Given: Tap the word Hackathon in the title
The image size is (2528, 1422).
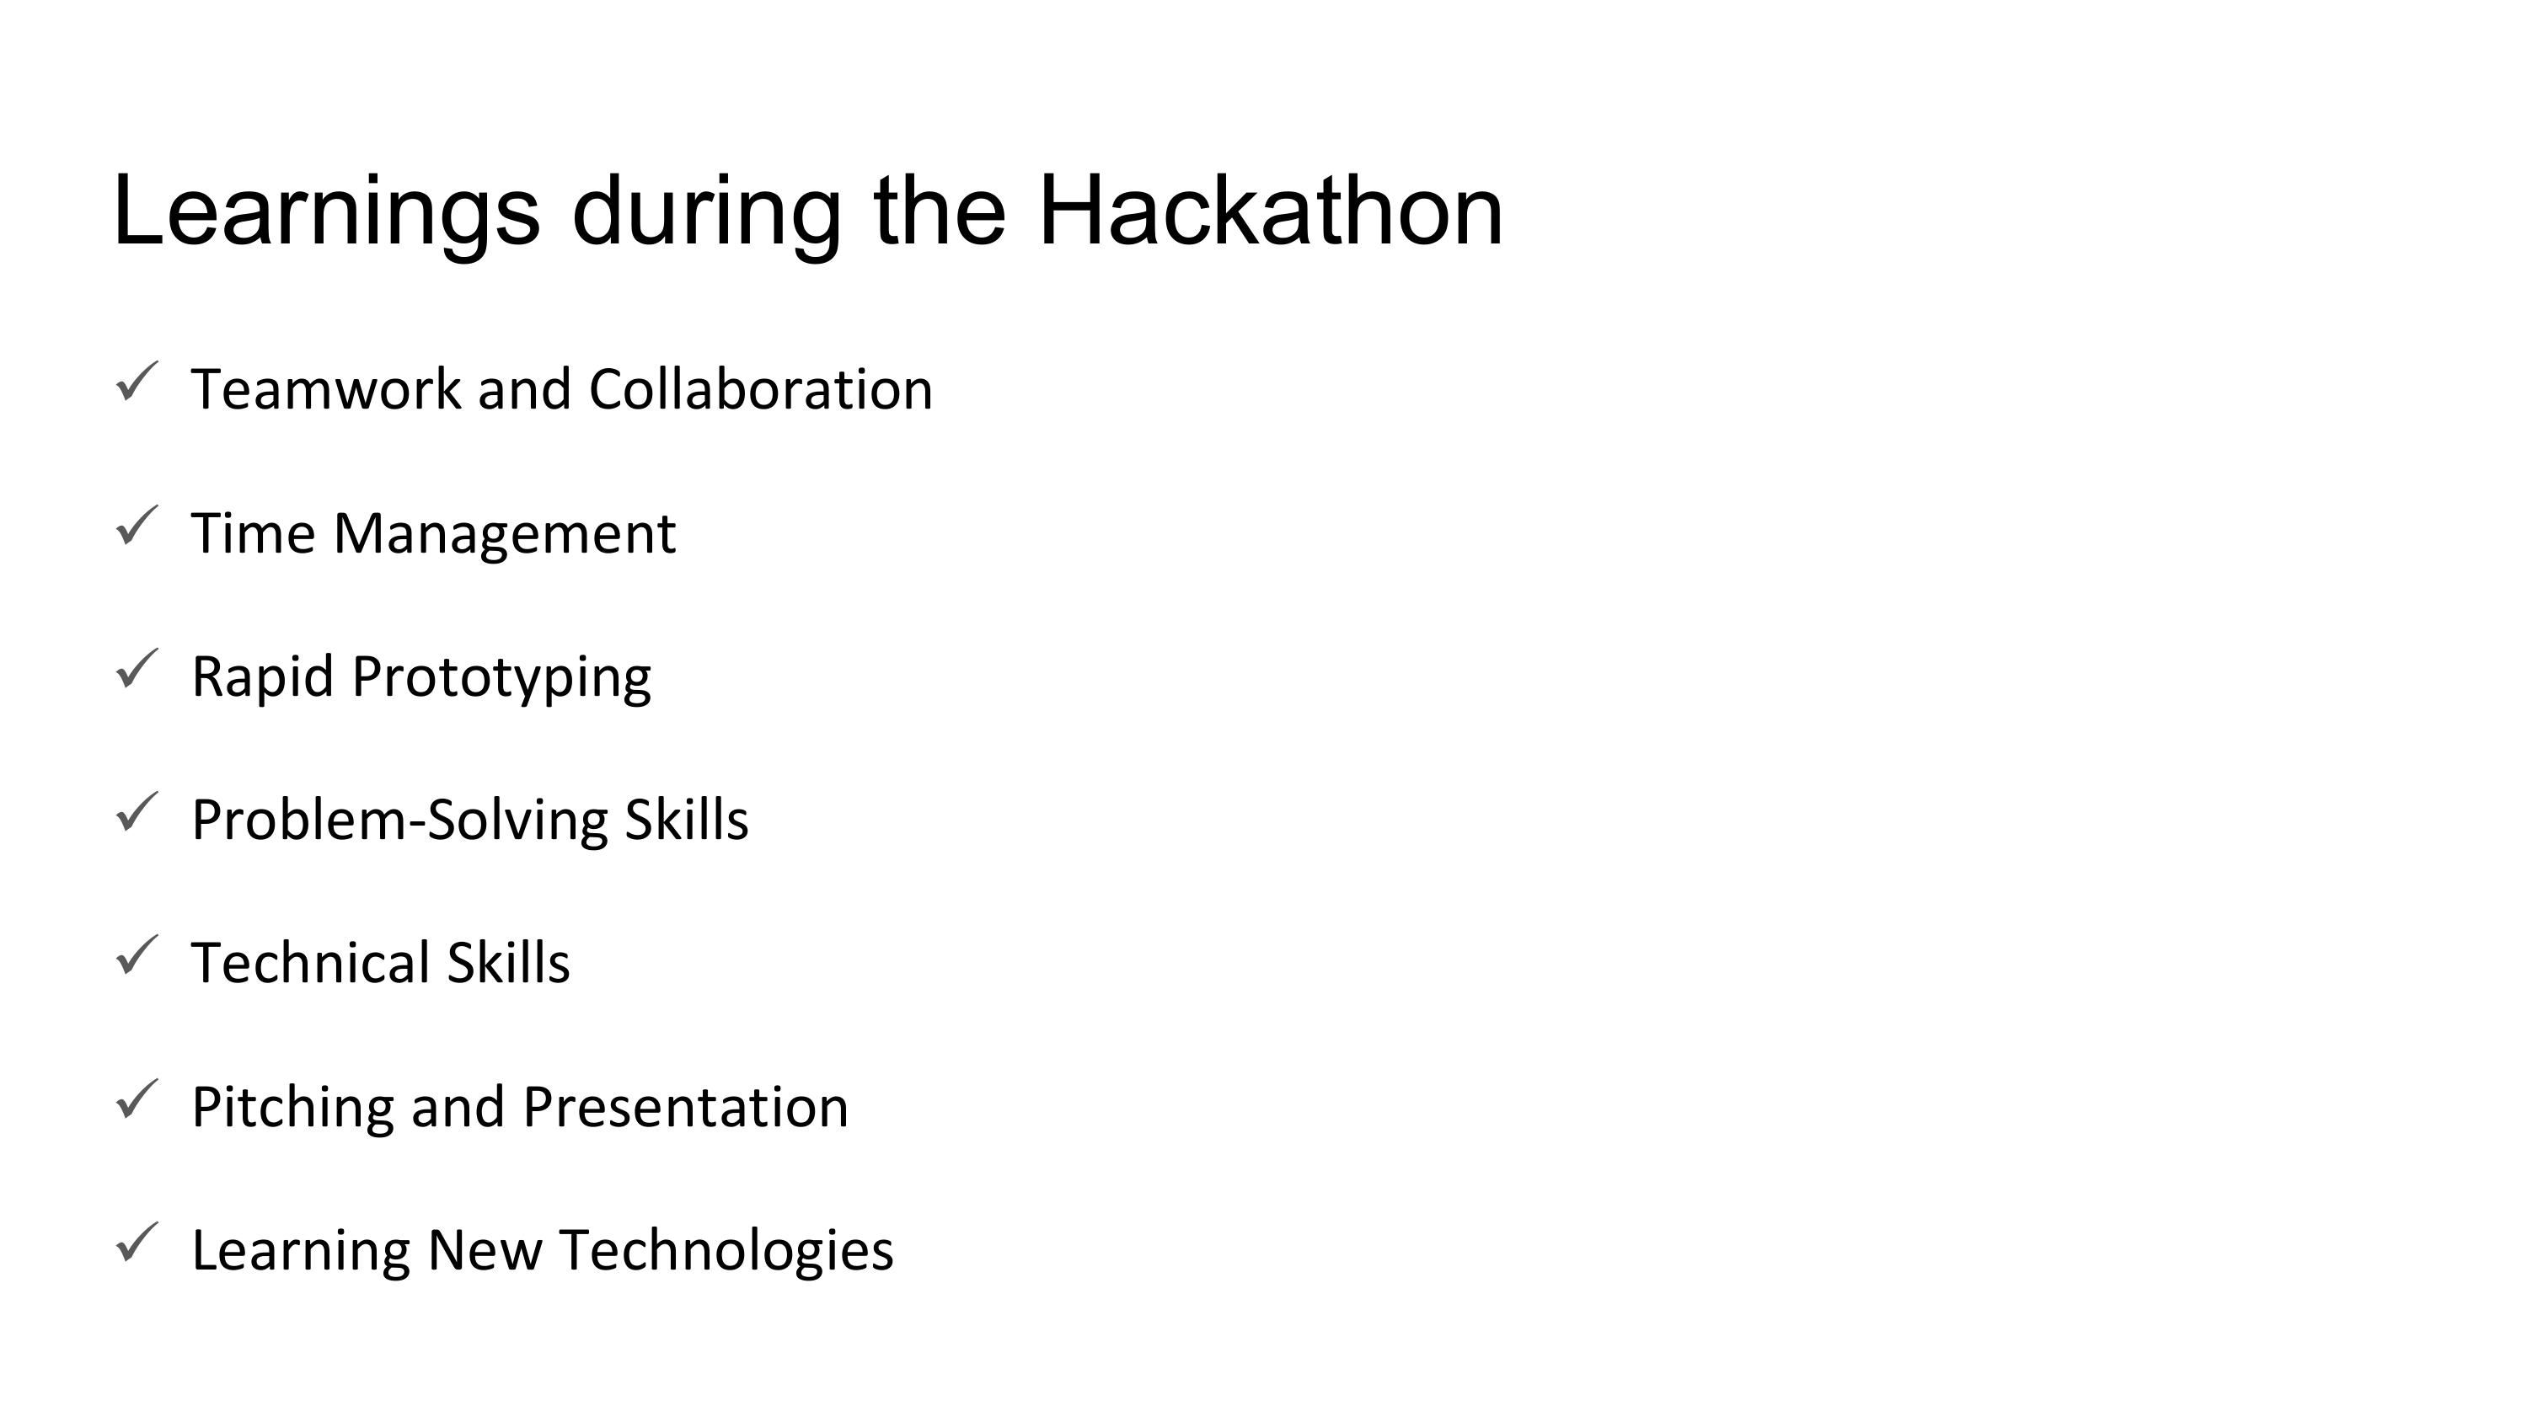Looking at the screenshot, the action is point(1271,210).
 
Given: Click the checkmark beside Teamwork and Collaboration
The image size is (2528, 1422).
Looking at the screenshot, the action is point(137,382).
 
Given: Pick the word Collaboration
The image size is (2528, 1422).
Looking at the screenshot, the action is point(761,388).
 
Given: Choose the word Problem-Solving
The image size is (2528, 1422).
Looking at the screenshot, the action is point(399,821).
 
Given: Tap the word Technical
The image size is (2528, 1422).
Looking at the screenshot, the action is point(311,963).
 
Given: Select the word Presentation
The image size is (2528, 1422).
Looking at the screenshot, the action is point(686,1108).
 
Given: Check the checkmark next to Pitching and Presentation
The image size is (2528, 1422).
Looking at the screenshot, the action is point(137,1099).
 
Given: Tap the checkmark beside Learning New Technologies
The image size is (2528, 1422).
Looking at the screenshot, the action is point(137,1243).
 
